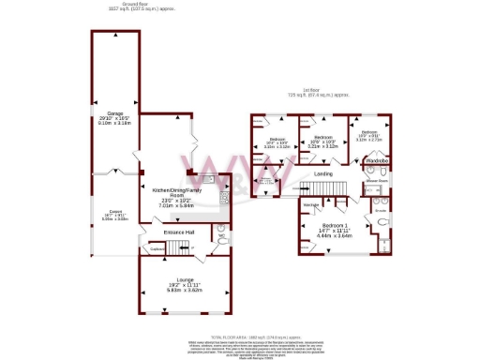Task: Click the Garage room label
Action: point(114,112)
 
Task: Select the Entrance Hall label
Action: point(179,232)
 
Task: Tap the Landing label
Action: point(323,174)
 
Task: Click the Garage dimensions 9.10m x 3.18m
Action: point(114,122)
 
